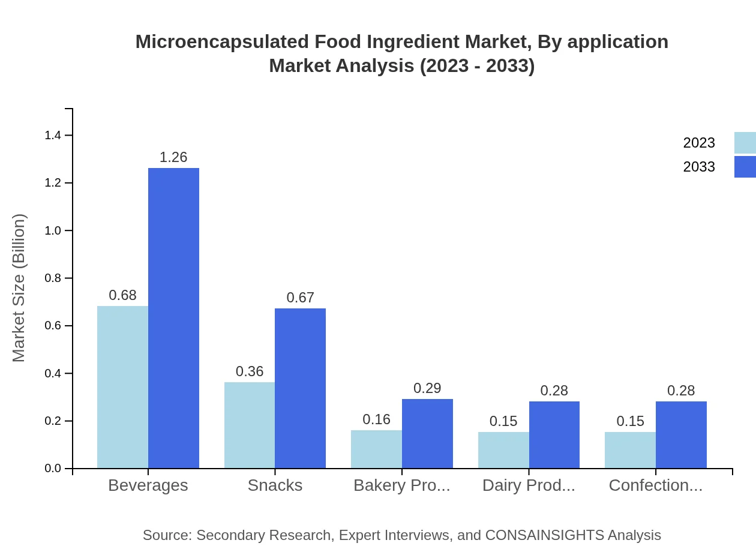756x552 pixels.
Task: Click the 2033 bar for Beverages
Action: (173, 318)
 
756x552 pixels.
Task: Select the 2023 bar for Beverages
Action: (122, 387)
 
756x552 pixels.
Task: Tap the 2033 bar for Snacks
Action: (300, 388)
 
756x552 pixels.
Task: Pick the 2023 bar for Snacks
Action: (250, 425)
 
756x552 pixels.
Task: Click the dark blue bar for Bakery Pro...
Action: (427, 433)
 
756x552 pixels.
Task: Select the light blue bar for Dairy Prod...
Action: (503, 450)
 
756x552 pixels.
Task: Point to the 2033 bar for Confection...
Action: (681, 434)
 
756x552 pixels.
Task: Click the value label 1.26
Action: (173, 157)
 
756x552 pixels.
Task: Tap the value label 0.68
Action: (122, 295)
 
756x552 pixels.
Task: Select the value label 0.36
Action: (250, 371)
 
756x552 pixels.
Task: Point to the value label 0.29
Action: (427, 388)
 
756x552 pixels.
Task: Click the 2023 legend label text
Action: (699, 143)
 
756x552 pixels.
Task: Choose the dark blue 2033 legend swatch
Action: (745, 167)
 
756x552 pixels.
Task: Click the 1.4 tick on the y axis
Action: (53, 136)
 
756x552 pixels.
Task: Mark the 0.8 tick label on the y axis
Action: (53, 278)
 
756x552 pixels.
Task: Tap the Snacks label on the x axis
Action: (275, 485)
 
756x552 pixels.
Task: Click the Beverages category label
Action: (148, 485)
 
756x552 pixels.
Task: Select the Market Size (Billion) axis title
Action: (19, 288)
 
